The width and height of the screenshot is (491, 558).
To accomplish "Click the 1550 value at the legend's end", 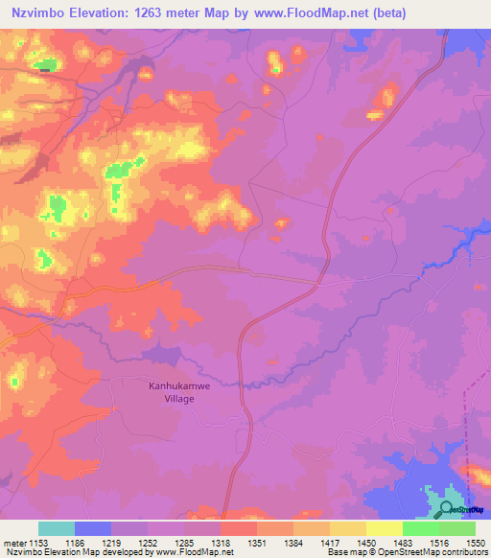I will click(476, 542).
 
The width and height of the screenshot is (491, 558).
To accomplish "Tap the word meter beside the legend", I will click(12, 542).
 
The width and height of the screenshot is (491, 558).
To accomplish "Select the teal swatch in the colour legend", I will click(57, 528).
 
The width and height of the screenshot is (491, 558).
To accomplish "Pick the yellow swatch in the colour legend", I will click(384, 528).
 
